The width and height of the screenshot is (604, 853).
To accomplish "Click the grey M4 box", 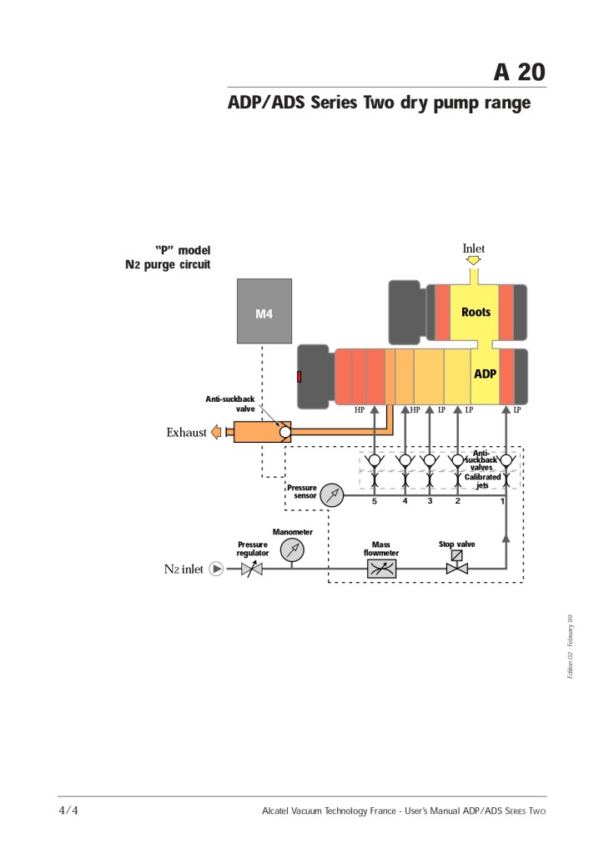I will coord(264,311).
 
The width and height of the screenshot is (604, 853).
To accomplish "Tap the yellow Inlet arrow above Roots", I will coord(473,261).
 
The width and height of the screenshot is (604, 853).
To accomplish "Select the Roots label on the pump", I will coord(476,312).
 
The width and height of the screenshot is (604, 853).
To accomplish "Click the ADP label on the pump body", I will coord(485,374).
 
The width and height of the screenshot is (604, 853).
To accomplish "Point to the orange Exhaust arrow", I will coord(215,432).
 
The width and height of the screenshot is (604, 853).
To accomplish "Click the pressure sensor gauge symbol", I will coord(331,495).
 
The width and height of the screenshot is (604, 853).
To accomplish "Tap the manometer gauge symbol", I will coord(292,549).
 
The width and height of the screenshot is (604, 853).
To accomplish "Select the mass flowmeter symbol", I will coord(381,569).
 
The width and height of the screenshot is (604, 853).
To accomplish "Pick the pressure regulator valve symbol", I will coord(252,569).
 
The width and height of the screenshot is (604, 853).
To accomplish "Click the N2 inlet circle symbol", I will coord(216,569).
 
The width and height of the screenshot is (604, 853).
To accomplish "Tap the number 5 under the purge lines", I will coord(375,502).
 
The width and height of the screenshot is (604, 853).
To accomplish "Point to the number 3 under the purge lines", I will coord(430,502).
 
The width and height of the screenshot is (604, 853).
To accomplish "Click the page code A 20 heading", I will coord(520,73).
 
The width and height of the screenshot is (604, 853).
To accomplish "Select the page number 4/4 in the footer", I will coord(68,810).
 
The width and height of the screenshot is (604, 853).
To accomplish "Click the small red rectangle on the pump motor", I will coord(299,378).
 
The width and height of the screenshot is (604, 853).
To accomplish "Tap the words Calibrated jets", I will coord(482,480).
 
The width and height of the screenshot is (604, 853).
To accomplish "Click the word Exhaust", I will coord(187,433).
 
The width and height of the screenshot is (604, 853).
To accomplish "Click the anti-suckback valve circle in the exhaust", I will coord(284,432).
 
